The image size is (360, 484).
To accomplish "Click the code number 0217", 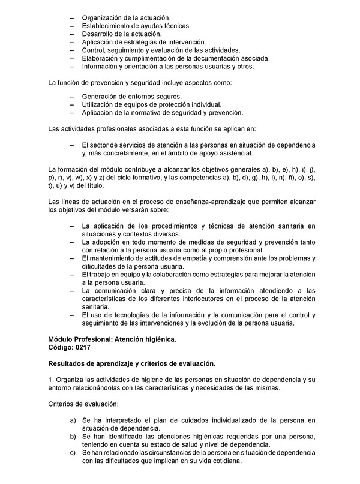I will (82, 348).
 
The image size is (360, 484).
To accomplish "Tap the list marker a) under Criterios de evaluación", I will (73, 420).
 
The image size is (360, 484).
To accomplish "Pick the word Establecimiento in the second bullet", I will (108, 26).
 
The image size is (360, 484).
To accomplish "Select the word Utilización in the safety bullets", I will (99, 104).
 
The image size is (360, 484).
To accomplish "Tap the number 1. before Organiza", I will (51, 379).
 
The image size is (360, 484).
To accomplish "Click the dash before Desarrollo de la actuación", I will (73, 34).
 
